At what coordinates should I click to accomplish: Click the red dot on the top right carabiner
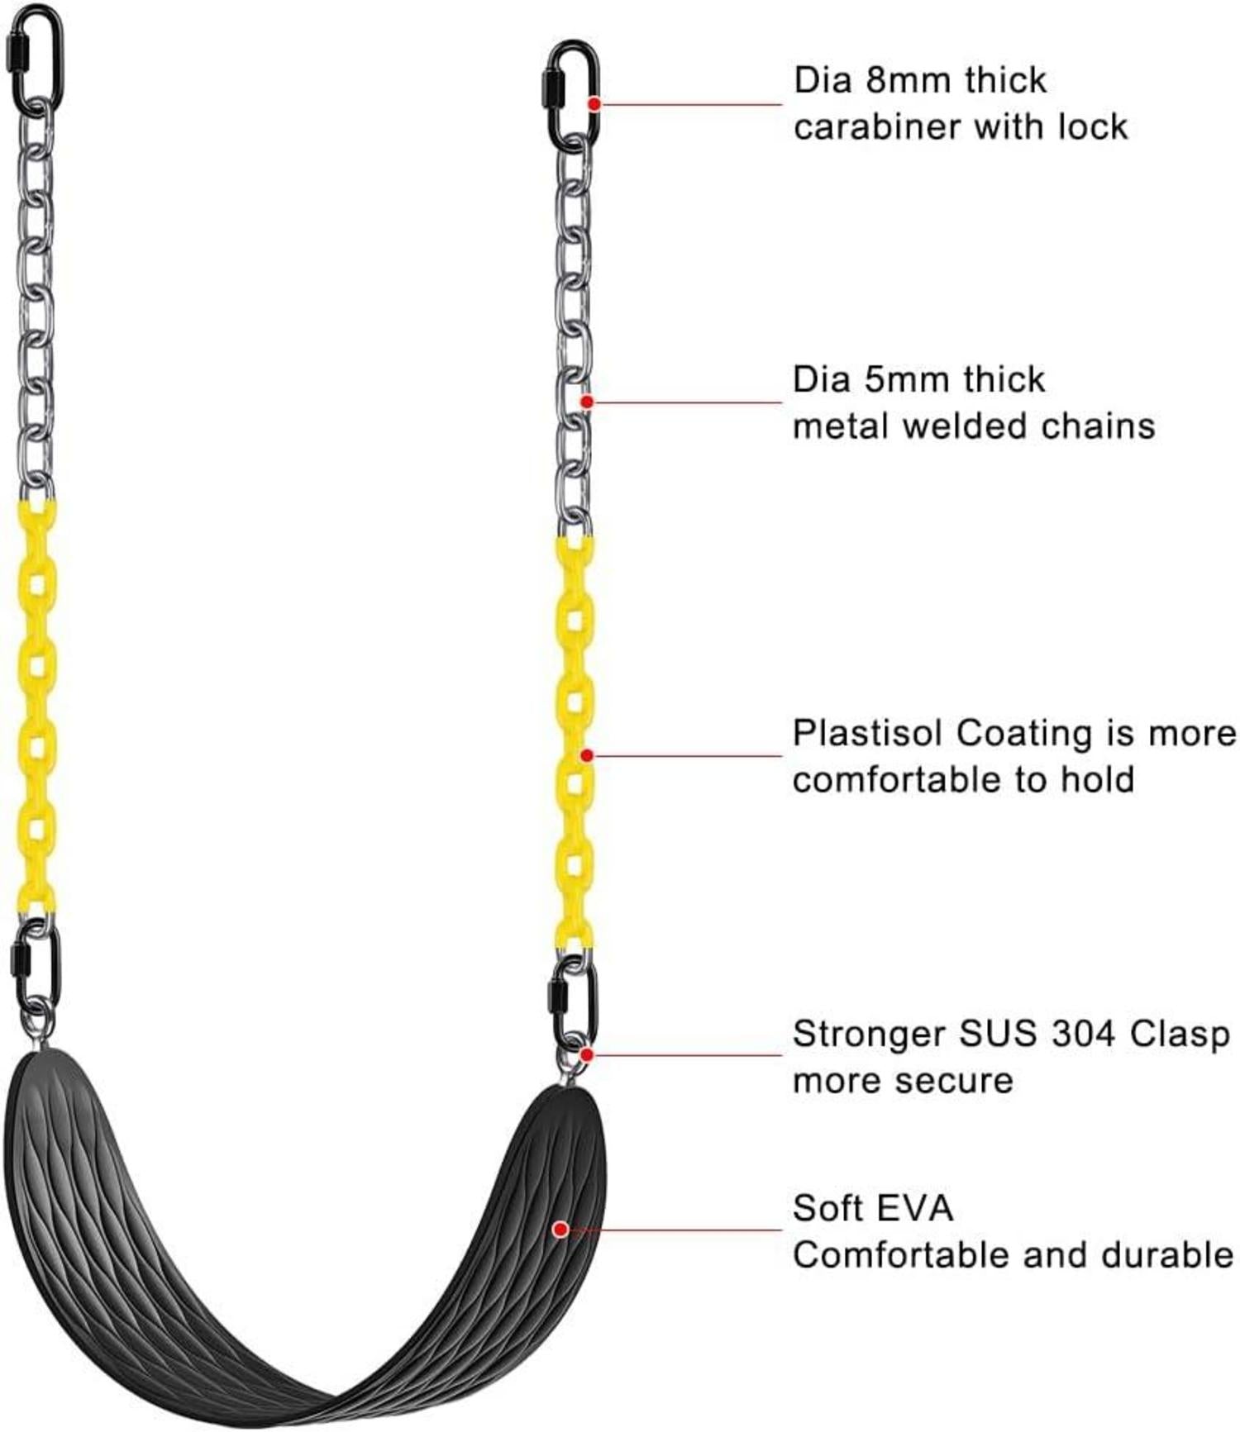click(594, 104)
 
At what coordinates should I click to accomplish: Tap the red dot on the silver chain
click(586, 402)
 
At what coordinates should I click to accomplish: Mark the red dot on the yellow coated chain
click(586, 755)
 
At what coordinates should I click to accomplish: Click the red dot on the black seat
click(560, 1230)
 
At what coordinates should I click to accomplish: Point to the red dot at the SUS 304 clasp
click(586, 1054)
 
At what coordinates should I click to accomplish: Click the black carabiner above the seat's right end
click(573, 1001)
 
